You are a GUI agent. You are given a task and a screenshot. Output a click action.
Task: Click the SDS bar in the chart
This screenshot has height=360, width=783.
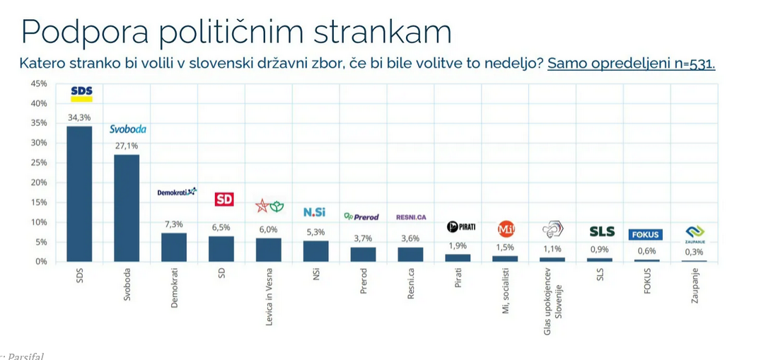coord(79,194)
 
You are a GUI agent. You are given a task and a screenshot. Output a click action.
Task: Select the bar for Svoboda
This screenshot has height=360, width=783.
coord(127,208)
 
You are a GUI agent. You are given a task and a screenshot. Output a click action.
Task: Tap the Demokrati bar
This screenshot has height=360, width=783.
coord(174,247)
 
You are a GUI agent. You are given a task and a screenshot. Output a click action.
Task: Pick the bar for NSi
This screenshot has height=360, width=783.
coord(315,251)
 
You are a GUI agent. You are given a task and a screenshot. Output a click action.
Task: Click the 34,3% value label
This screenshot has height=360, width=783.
coord(79,117)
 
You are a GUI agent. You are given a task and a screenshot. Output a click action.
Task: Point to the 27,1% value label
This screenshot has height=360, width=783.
coord(127,146)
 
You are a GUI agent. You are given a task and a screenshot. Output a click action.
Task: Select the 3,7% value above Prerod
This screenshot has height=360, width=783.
coord(363,238)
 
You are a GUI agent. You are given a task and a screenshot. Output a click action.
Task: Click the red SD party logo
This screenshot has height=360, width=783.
coord(224,199)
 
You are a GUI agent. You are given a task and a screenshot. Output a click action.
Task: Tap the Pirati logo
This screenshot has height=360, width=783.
coord(460,227)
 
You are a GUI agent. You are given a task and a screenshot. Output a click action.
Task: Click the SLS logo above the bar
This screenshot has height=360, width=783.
coord(602,231)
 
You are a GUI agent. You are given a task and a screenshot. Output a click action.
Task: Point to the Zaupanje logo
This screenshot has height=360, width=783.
coord(695,233)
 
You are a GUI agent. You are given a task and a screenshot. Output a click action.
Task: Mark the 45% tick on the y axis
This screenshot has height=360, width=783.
coord(39,83)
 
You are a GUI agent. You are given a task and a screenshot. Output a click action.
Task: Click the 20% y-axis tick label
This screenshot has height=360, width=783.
coord(39,182)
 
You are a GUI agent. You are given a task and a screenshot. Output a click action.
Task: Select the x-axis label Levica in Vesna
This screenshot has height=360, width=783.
coord(269,298)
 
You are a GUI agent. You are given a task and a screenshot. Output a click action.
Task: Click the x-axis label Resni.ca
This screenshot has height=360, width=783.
coord(411,284)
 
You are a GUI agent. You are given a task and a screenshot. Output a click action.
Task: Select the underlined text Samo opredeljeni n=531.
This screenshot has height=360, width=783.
coord(631,63)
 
